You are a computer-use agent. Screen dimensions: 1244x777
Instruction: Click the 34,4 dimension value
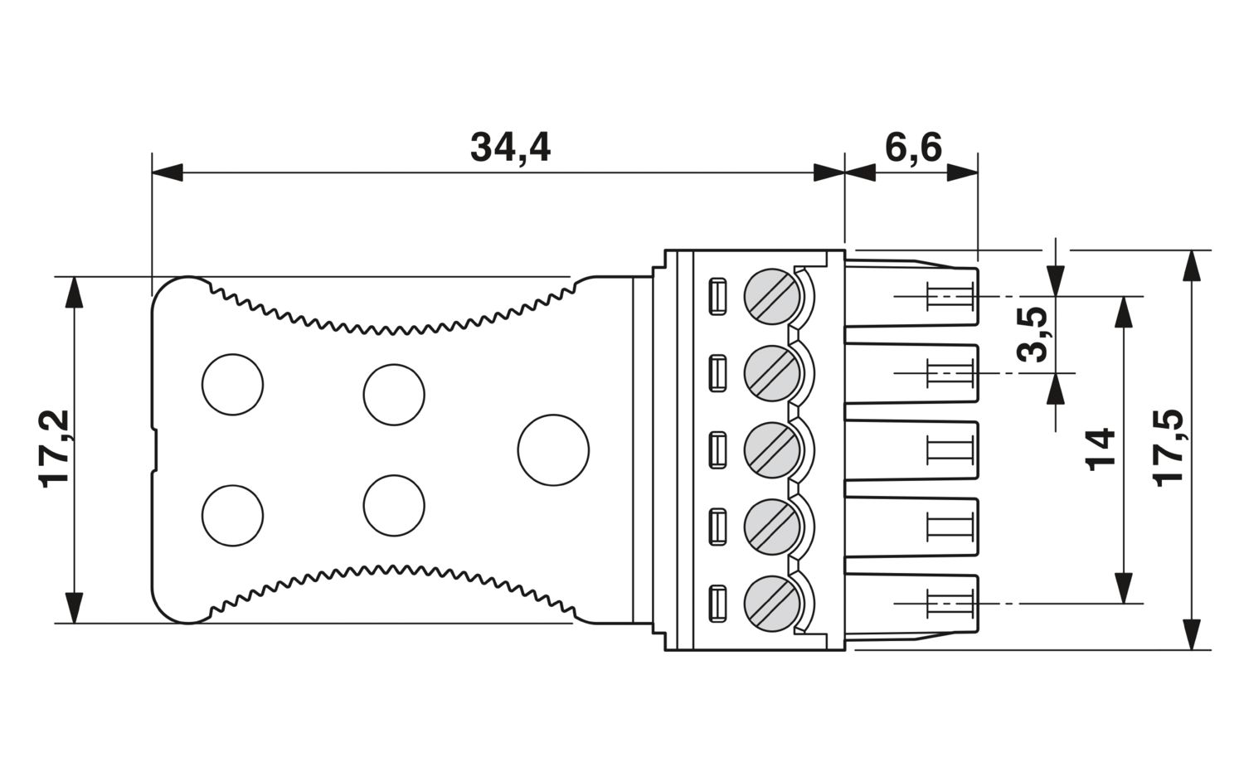click(510, 148)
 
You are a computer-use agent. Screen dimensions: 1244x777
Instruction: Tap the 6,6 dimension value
click(913, 148)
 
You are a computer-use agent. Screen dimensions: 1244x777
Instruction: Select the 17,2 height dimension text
click(54, 449)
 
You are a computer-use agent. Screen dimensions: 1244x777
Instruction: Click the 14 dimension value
click(1100, 450)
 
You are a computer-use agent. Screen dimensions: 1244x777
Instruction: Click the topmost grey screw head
click(772, 297)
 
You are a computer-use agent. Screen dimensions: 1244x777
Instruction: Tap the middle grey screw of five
click(772, 450)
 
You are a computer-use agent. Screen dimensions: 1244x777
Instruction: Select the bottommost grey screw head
click(772, 604)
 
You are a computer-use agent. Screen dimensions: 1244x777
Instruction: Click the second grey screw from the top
click(772, 373)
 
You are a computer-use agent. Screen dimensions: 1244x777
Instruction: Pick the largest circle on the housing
click(553, 450)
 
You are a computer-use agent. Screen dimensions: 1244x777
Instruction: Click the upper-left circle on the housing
click(233, 384)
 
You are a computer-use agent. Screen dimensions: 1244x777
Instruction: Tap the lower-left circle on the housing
click(233, 516)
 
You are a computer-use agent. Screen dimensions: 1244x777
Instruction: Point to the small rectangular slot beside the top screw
click(717, 297)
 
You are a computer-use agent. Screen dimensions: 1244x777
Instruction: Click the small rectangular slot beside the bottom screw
click(717, 604)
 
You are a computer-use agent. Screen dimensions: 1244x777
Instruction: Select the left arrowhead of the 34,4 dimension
click(168, 172)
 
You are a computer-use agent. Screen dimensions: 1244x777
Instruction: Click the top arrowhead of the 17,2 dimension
click(74, 292)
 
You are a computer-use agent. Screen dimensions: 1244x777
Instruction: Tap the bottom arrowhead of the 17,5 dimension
click(1191, 634)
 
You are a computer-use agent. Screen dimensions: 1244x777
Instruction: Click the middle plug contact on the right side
click(912, 450)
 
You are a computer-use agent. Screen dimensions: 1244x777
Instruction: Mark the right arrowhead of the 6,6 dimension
click(962, 172)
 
